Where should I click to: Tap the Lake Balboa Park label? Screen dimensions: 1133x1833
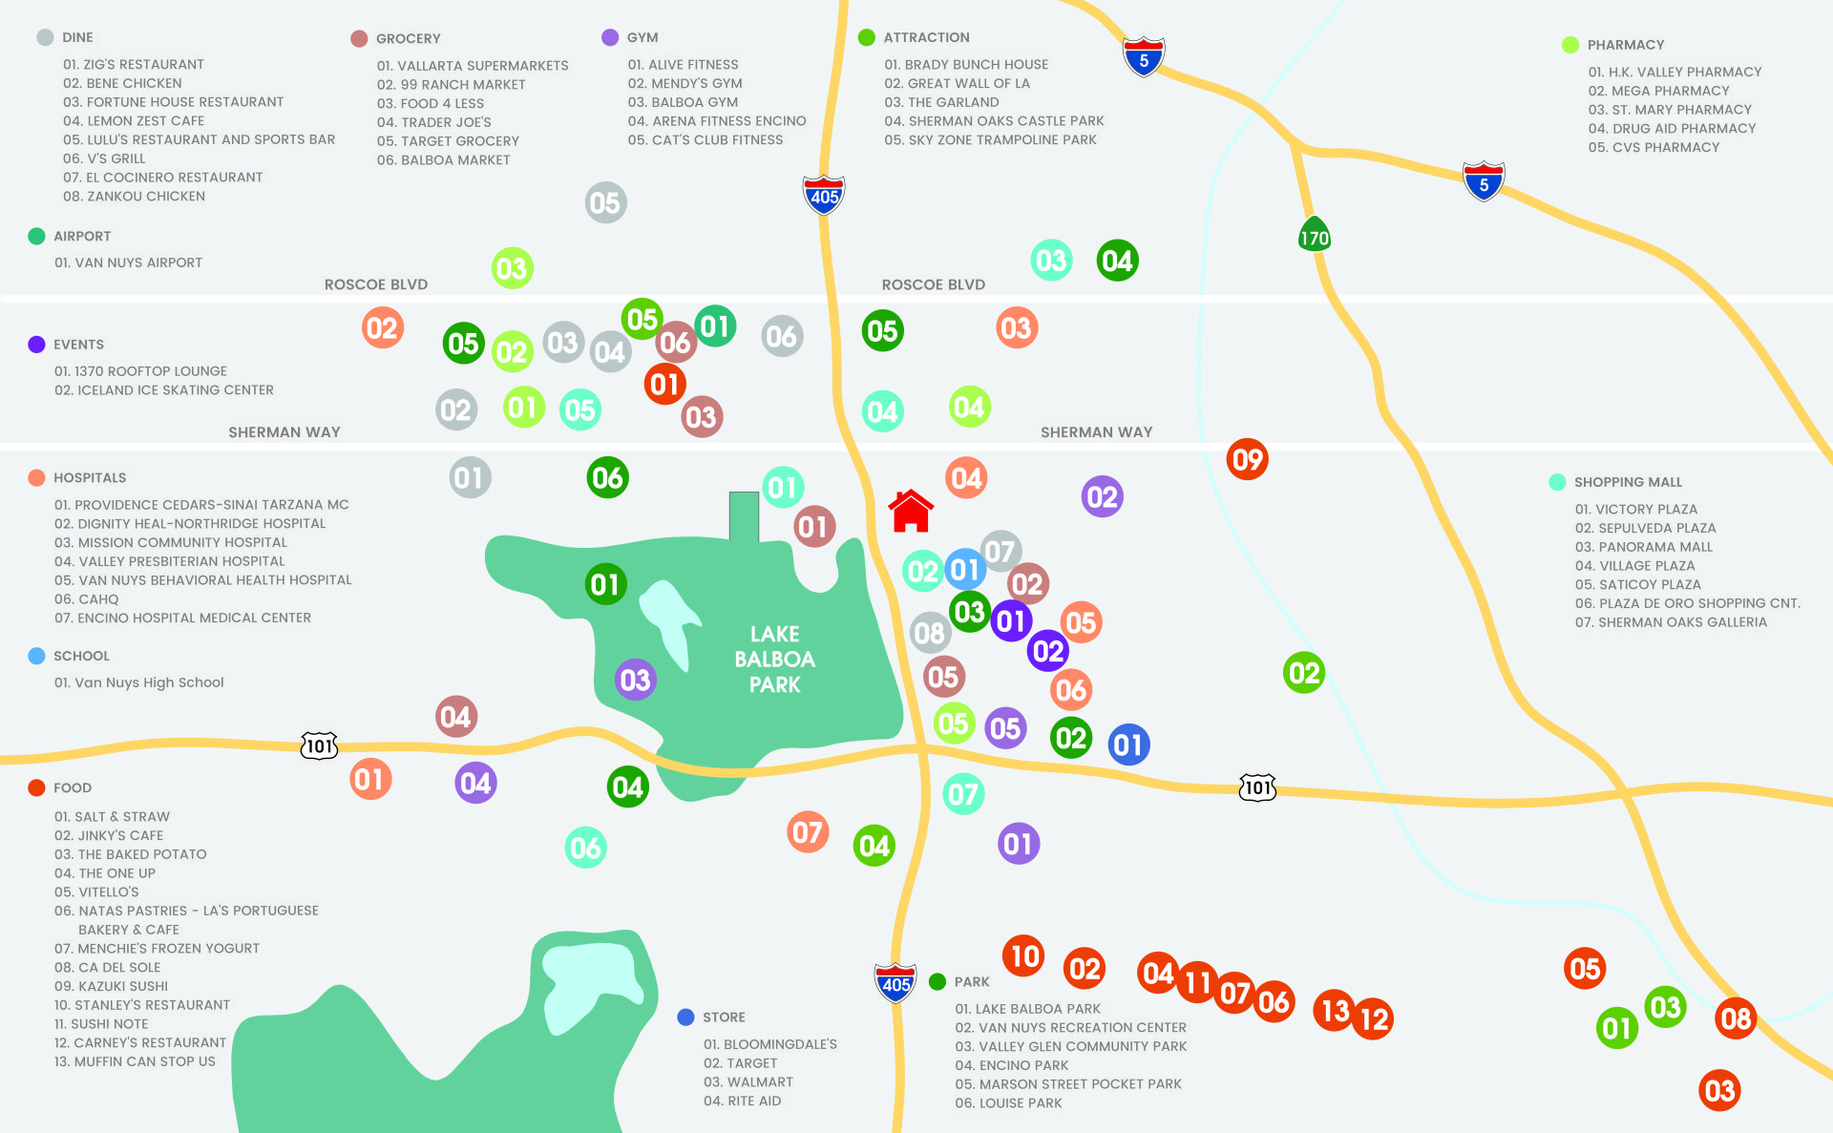774,659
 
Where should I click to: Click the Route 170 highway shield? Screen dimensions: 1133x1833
1314,236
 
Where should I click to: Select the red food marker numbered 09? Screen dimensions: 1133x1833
1247,460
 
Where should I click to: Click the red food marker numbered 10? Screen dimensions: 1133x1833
1023,955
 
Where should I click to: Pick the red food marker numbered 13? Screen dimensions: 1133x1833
1334,1009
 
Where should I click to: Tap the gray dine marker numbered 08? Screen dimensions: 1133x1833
929,632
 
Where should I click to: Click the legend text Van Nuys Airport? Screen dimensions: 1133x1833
128,262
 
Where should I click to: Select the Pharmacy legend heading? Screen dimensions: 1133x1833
1625,45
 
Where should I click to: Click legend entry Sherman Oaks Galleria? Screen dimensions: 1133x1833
1671,622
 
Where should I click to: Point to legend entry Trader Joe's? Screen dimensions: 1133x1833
433,122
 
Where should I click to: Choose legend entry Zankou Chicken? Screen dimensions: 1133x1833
134,197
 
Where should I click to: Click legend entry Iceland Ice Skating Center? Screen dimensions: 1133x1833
163,390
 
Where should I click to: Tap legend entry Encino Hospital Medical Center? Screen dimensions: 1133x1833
182,618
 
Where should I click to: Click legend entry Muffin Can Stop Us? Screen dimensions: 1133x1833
135,1061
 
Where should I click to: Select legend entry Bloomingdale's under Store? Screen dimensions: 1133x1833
769,1044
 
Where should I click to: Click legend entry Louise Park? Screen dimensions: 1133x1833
1008,1103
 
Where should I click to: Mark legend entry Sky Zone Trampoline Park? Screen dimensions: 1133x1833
990,140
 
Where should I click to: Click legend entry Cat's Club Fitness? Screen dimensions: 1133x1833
705,140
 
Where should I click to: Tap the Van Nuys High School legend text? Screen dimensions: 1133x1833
138,682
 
